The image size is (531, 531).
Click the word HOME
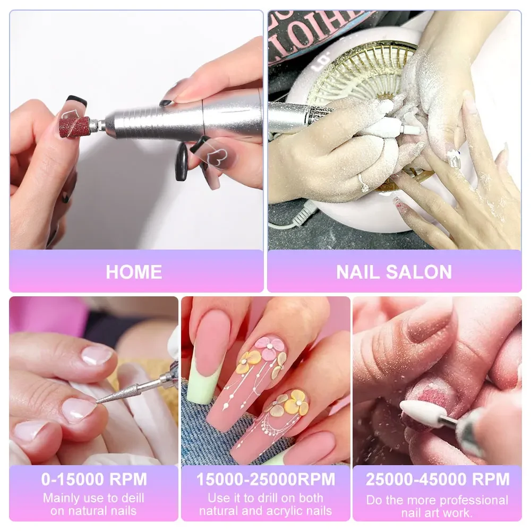(134, 272)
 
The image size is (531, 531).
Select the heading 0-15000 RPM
(94, 479)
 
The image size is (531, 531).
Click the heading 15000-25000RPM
(265, 479)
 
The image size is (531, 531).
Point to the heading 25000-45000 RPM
(437, 479)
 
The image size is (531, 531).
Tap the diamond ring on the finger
(364, 183)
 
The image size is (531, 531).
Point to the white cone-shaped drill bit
(423, 413)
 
